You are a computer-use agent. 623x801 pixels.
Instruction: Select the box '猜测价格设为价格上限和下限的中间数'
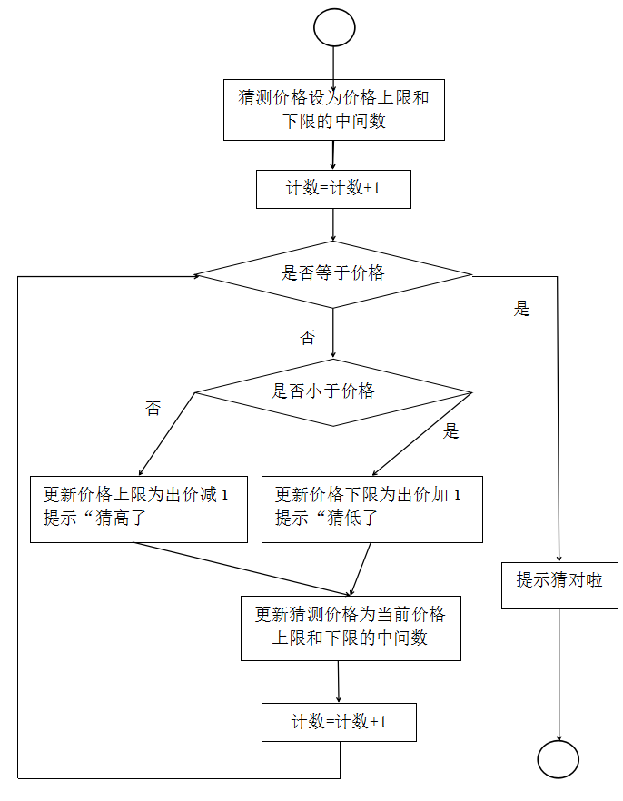coord(334,110)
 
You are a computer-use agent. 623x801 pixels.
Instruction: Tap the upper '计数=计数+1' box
coord(333,189)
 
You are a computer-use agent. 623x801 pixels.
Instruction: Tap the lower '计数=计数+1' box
coord(339,722)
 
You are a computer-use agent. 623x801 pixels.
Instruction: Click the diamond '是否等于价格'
coord(333,274)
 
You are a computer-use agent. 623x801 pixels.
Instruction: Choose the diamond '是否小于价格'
coord(333,392)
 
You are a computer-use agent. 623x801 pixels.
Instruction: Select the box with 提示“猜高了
coord(139,509)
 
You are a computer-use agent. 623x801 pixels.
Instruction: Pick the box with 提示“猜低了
coord(372,509)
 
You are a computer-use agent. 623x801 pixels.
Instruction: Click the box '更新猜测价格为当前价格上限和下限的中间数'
coord(351,628)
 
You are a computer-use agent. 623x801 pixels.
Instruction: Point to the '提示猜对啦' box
coord(559,586)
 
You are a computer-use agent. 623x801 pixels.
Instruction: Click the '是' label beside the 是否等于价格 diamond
coord(522,308)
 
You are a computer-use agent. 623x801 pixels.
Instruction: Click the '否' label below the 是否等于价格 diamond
coord(308,337)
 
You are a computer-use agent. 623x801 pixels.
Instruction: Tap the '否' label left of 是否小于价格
coord(153,408)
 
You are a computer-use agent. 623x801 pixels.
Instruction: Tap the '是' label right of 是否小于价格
coord(450,430)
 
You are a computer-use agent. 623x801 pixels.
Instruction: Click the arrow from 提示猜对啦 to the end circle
coord(559,675)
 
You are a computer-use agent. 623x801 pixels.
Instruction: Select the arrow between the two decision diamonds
coord(333,333)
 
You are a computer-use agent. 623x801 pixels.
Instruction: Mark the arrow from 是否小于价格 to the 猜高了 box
coord(167,434)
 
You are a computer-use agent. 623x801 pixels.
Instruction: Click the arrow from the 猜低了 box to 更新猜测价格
coord(360,569)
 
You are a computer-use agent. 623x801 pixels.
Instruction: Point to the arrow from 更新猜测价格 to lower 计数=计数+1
coord(339,682)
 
